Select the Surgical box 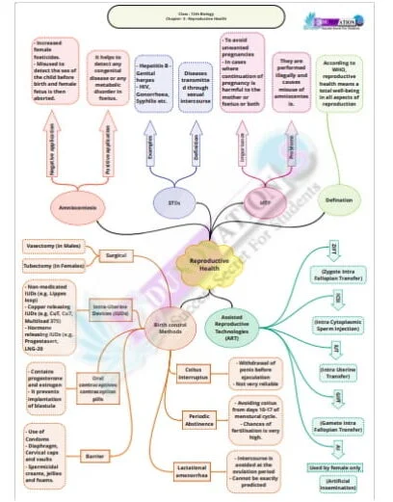click(117, 255)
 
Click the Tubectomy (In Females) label click(56, 264)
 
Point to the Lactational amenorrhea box click(192, 470)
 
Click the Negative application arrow click(51, 146)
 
